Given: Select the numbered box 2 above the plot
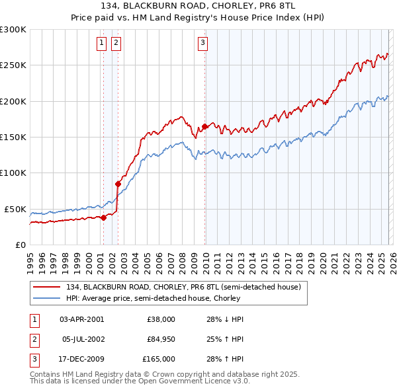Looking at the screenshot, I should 116,44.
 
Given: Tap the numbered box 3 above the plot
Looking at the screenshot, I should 202,44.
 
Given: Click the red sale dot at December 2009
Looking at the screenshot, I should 205,126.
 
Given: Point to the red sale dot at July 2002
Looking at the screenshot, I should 118,184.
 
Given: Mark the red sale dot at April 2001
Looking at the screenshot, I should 103,217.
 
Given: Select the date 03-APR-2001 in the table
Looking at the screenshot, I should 81,319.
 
